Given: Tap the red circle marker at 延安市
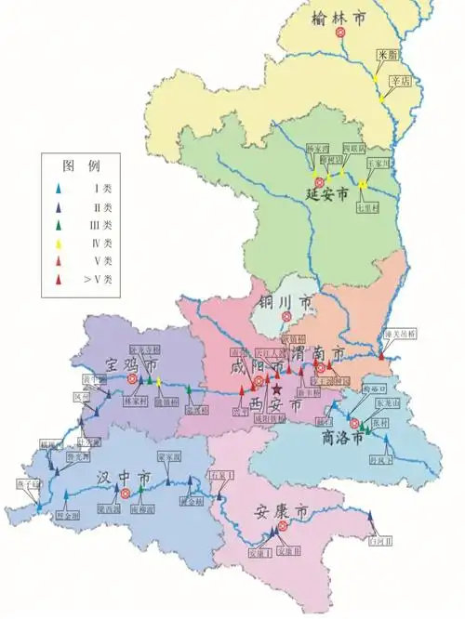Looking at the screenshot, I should [320, 182].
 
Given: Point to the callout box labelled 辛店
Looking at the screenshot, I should [399, 81].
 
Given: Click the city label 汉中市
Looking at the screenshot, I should [125, 478].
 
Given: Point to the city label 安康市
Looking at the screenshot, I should [281, 510].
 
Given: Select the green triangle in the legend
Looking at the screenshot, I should [59, 224].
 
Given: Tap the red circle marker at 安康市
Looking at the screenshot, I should [282, 526].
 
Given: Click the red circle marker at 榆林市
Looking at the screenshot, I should [342, 32].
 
